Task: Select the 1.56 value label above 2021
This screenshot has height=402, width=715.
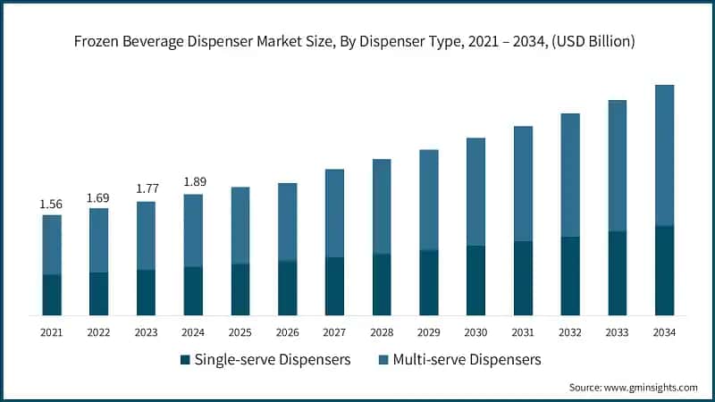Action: click(x=51, y=205)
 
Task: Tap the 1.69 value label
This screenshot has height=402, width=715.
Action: click(x=98, y=197)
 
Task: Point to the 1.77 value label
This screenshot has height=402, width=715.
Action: click(x=146, y=189)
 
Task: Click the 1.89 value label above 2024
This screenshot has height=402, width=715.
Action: click(x=193, y=182)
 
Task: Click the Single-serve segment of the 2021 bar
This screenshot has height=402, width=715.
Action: click(x=52, y=295)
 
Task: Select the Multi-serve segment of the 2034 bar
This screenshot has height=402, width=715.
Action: click(x=664, y=155)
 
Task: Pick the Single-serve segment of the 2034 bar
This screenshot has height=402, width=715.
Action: click(x=664, y=271)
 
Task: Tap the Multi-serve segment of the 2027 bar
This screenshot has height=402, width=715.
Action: click(x=334, y=214)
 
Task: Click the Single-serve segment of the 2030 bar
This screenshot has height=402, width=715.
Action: click(x=475, y=281)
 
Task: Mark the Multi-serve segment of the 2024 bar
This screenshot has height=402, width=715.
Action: click(x=193, y=230)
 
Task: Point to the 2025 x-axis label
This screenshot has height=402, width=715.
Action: click(x=240, y=333)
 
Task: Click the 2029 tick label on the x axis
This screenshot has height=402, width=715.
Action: click(x=428, y=333)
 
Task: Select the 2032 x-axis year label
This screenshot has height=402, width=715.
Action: click(x=569, y=333)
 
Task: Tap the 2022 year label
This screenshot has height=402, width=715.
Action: click(x=98, y=333)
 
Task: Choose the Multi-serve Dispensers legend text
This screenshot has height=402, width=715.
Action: click(x=464, y=360)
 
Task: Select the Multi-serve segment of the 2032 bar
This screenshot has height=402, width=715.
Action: click(x=570, y=175)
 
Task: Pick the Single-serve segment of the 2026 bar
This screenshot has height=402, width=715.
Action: click(x=287, y=288)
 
